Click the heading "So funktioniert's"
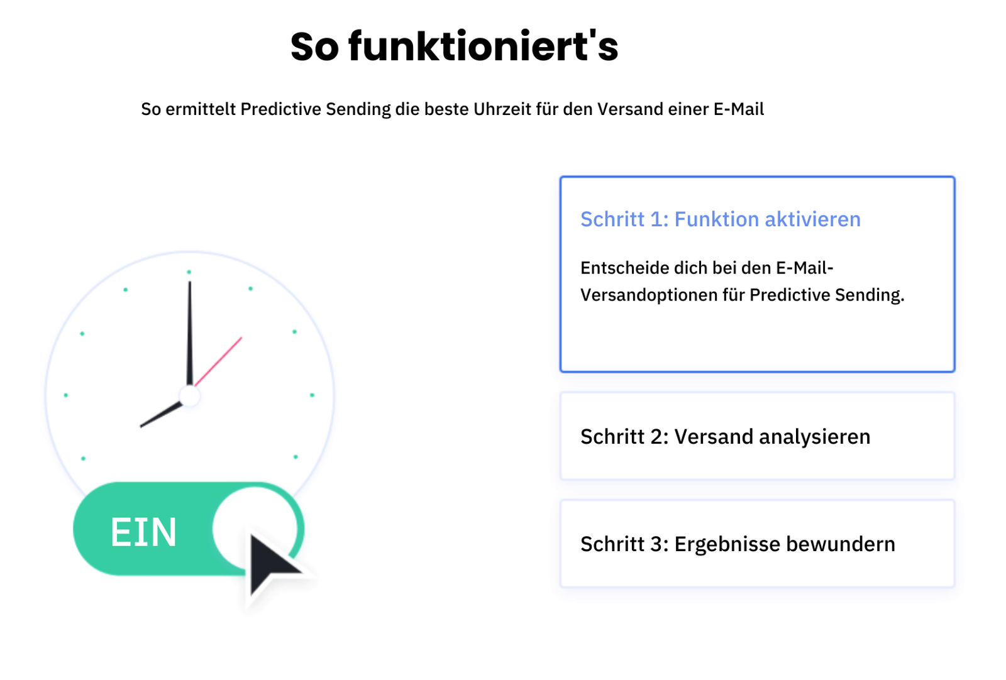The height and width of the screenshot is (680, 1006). click(x=455, y=47)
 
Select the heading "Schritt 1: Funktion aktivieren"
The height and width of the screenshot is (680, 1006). click(x=721, y=219)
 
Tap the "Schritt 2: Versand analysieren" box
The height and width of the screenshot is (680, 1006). click(x=757, y=436)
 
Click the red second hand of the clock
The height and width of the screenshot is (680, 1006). click(x=218, y=361)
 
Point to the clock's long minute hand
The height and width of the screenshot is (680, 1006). click(x=189, y=333)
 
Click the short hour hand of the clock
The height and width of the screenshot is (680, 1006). click(x=161, y=414)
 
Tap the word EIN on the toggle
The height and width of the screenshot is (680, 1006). click(x=144, y=532)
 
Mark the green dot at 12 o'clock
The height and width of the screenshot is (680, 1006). click(x=189, y=272)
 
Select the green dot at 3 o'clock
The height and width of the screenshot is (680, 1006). click(x=312, y=395)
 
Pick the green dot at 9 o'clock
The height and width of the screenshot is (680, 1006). click(x=66, y=395)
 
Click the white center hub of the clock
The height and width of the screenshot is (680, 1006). click(x=189, y=396)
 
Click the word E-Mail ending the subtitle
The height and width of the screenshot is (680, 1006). click(x=739, y=109)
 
